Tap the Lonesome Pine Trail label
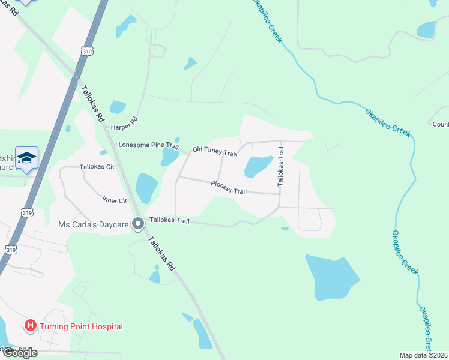click(149, 145)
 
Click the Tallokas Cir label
click(97, 167)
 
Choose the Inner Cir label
click(114, 200)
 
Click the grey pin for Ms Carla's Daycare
click(137, 224)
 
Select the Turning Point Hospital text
click(81, 326)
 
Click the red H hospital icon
click(29, 326)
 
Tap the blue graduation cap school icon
click(27, 158)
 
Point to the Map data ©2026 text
click(423, 355)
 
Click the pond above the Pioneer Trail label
click(258, 166)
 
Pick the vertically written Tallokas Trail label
click(280, 167)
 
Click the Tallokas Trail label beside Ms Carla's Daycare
click(169, 221)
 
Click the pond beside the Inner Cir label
click(146, 188)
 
